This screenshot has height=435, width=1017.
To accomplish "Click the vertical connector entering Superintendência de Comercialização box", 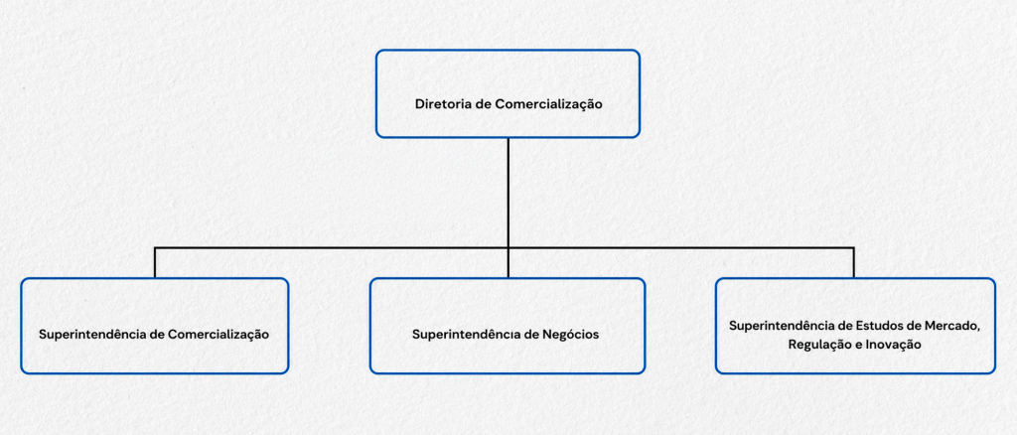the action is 156,262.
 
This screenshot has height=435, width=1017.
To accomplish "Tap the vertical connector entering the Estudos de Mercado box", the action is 853,262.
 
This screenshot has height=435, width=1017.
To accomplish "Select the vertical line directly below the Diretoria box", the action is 508,193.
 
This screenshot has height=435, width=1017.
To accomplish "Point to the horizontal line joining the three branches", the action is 505,247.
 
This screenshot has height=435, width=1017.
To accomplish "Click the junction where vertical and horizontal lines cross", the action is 508,247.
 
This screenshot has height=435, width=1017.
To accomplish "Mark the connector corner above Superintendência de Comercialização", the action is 156,247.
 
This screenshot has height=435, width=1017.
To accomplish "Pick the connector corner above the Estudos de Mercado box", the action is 853,247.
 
